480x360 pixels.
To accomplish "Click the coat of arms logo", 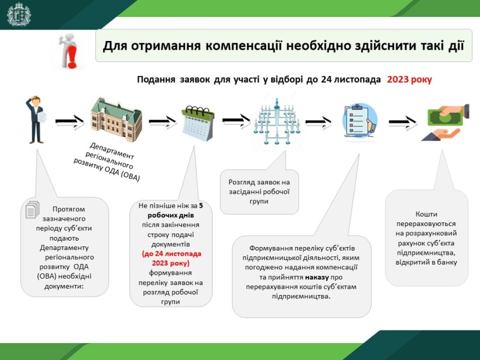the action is pos(19,15).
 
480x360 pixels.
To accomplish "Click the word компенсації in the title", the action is pos(244,46).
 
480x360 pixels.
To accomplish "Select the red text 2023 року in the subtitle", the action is pos(409,80).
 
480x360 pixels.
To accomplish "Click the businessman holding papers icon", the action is pos(36,119).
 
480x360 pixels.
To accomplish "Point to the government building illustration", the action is pos(116,119).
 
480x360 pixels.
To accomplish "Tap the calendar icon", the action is pos(198,123).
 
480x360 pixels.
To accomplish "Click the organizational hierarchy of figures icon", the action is pos(277,122).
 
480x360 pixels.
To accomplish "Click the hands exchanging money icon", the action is pos(445,122).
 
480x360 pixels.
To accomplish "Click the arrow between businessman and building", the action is pos(70,122).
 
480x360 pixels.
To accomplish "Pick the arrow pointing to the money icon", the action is pos(403,123).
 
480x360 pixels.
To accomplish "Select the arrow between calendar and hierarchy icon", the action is pos(236,121).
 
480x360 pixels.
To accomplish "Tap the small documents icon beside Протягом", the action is pos(32,210).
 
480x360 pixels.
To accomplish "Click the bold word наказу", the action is pos(317,277).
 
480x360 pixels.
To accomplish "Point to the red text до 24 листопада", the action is pos(172,254).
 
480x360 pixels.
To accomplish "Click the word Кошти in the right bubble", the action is pos(426,214).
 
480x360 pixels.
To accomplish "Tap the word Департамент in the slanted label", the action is pos(112,150).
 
